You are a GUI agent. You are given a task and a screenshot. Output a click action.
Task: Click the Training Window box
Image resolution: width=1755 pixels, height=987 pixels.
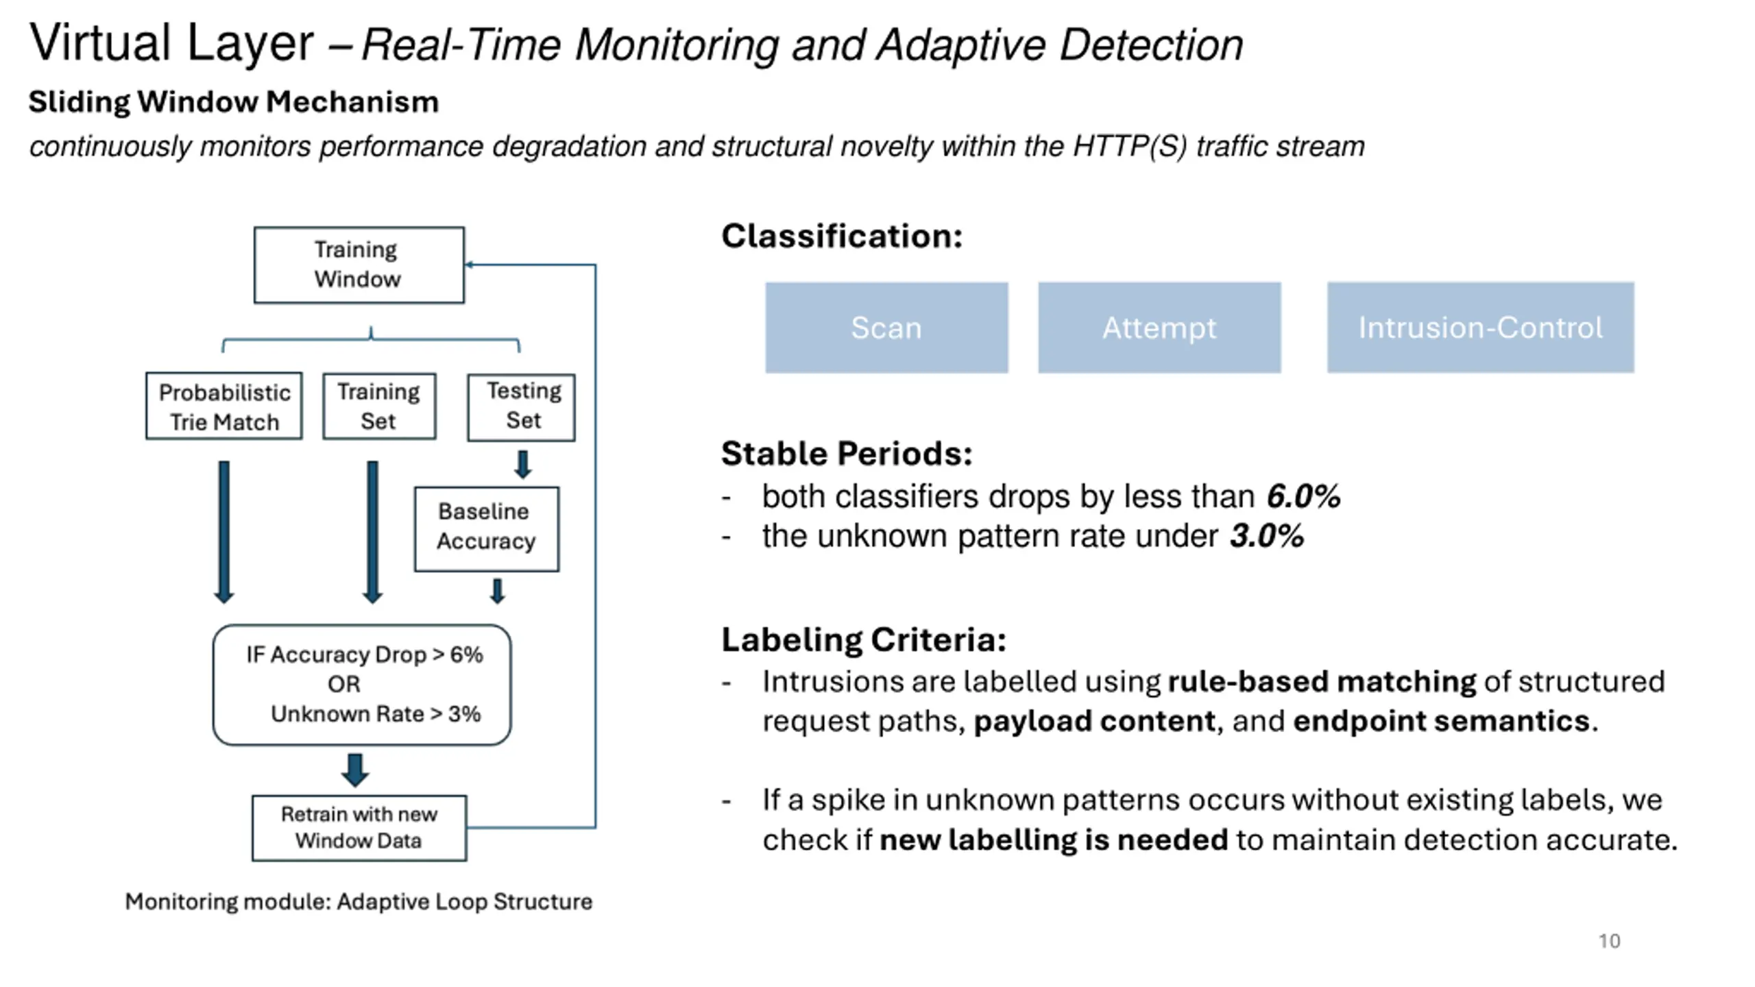359,265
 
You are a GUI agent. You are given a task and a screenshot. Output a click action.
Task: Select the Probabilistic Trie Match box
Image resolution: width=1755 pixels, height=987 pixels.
223,406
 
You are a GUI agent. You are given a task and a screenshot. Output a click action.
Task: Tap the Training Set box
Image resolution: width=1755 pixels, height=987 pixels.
379,406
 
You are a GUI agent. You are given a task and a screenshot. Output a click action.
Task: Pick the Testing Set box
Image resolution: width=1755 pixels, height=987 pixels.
521,406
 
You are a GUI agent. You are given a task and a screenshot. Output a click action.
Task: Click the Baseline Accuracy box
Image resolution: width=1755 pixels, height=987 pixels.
486,528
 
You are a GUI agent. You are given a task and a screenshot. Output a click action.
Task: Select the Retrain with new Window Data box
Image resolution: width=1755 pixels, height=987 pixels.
359,827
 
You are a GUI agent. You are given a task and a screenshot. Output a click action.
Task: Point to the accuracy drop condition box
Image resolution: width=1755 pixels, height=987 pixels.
362,684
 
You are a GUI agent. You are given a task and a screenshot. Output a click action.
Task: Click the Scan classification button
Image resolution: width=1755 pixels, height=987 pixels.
886,328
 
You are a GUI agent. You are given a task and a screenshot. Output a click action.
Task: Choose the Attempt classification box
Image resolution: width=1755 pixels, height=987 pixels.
1159,328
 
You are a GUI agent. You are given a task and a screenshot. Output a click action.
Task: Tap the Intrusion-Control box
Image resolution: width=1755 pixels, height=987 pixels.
1481,328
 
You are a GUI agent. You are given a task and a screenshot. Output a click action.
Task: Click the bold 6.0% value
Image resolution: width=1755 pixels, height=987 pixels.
1303,496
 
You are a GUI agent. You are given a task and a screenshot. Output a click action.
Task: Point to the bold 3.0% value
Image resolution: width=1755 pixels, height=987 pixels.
1267,536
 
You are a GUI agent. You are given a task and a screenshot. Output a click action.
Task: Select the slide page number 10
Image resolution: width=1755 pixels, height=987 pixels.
1610,941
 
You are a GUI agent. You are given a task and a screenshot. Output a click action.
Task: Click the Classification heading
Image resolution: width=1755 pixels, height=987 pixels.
842,236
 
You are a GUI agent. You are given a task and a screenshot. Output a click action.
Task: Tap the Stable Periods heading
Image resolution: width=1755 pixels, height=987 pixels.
847,453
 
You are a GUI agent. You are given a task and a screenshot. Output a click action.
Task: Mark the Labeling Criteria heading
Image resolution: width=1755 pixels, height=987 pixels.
864,639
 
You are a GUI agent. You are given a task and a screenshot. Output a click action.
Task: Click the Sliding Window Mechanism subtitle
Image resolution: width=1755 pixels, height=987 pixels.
233,102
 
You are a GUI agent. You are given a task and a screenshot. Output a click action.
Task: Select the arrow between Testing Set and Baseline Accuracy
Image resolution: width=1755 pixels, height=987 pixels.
522,464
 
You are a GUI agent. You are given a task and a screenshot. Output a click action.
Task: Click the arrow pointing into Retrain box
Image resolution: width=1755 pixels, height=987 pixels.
355,770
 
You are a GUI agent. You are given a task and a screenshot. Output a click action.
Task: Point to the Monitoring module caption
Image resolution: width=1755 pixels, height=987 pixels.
359,901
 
